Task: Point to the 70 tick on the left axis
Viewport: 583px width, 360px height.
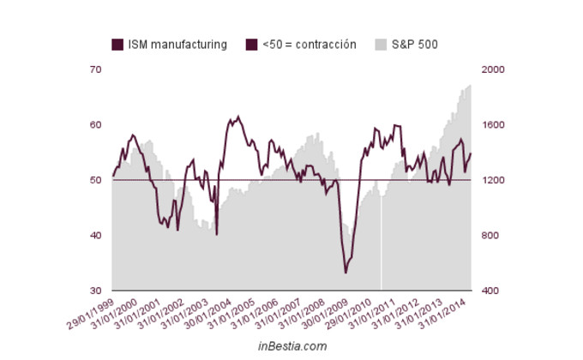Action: tap(95, 69)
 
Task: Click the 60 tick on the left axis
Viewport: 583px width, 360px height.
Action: tap(95, 125)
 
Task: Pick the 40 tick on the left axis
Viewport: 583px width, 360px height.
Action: tap(95, 236)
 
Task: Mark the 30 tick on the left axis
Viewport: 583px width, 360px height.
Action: tap(95, 291)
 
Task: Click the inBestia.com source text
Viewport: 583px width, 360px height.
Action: tap(291, 346)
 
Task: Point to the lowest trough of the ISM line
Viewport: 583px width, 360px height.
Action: tap(346, 273)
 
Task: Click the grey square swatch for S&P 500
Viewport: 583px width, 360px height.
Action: tap(381, 45)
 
